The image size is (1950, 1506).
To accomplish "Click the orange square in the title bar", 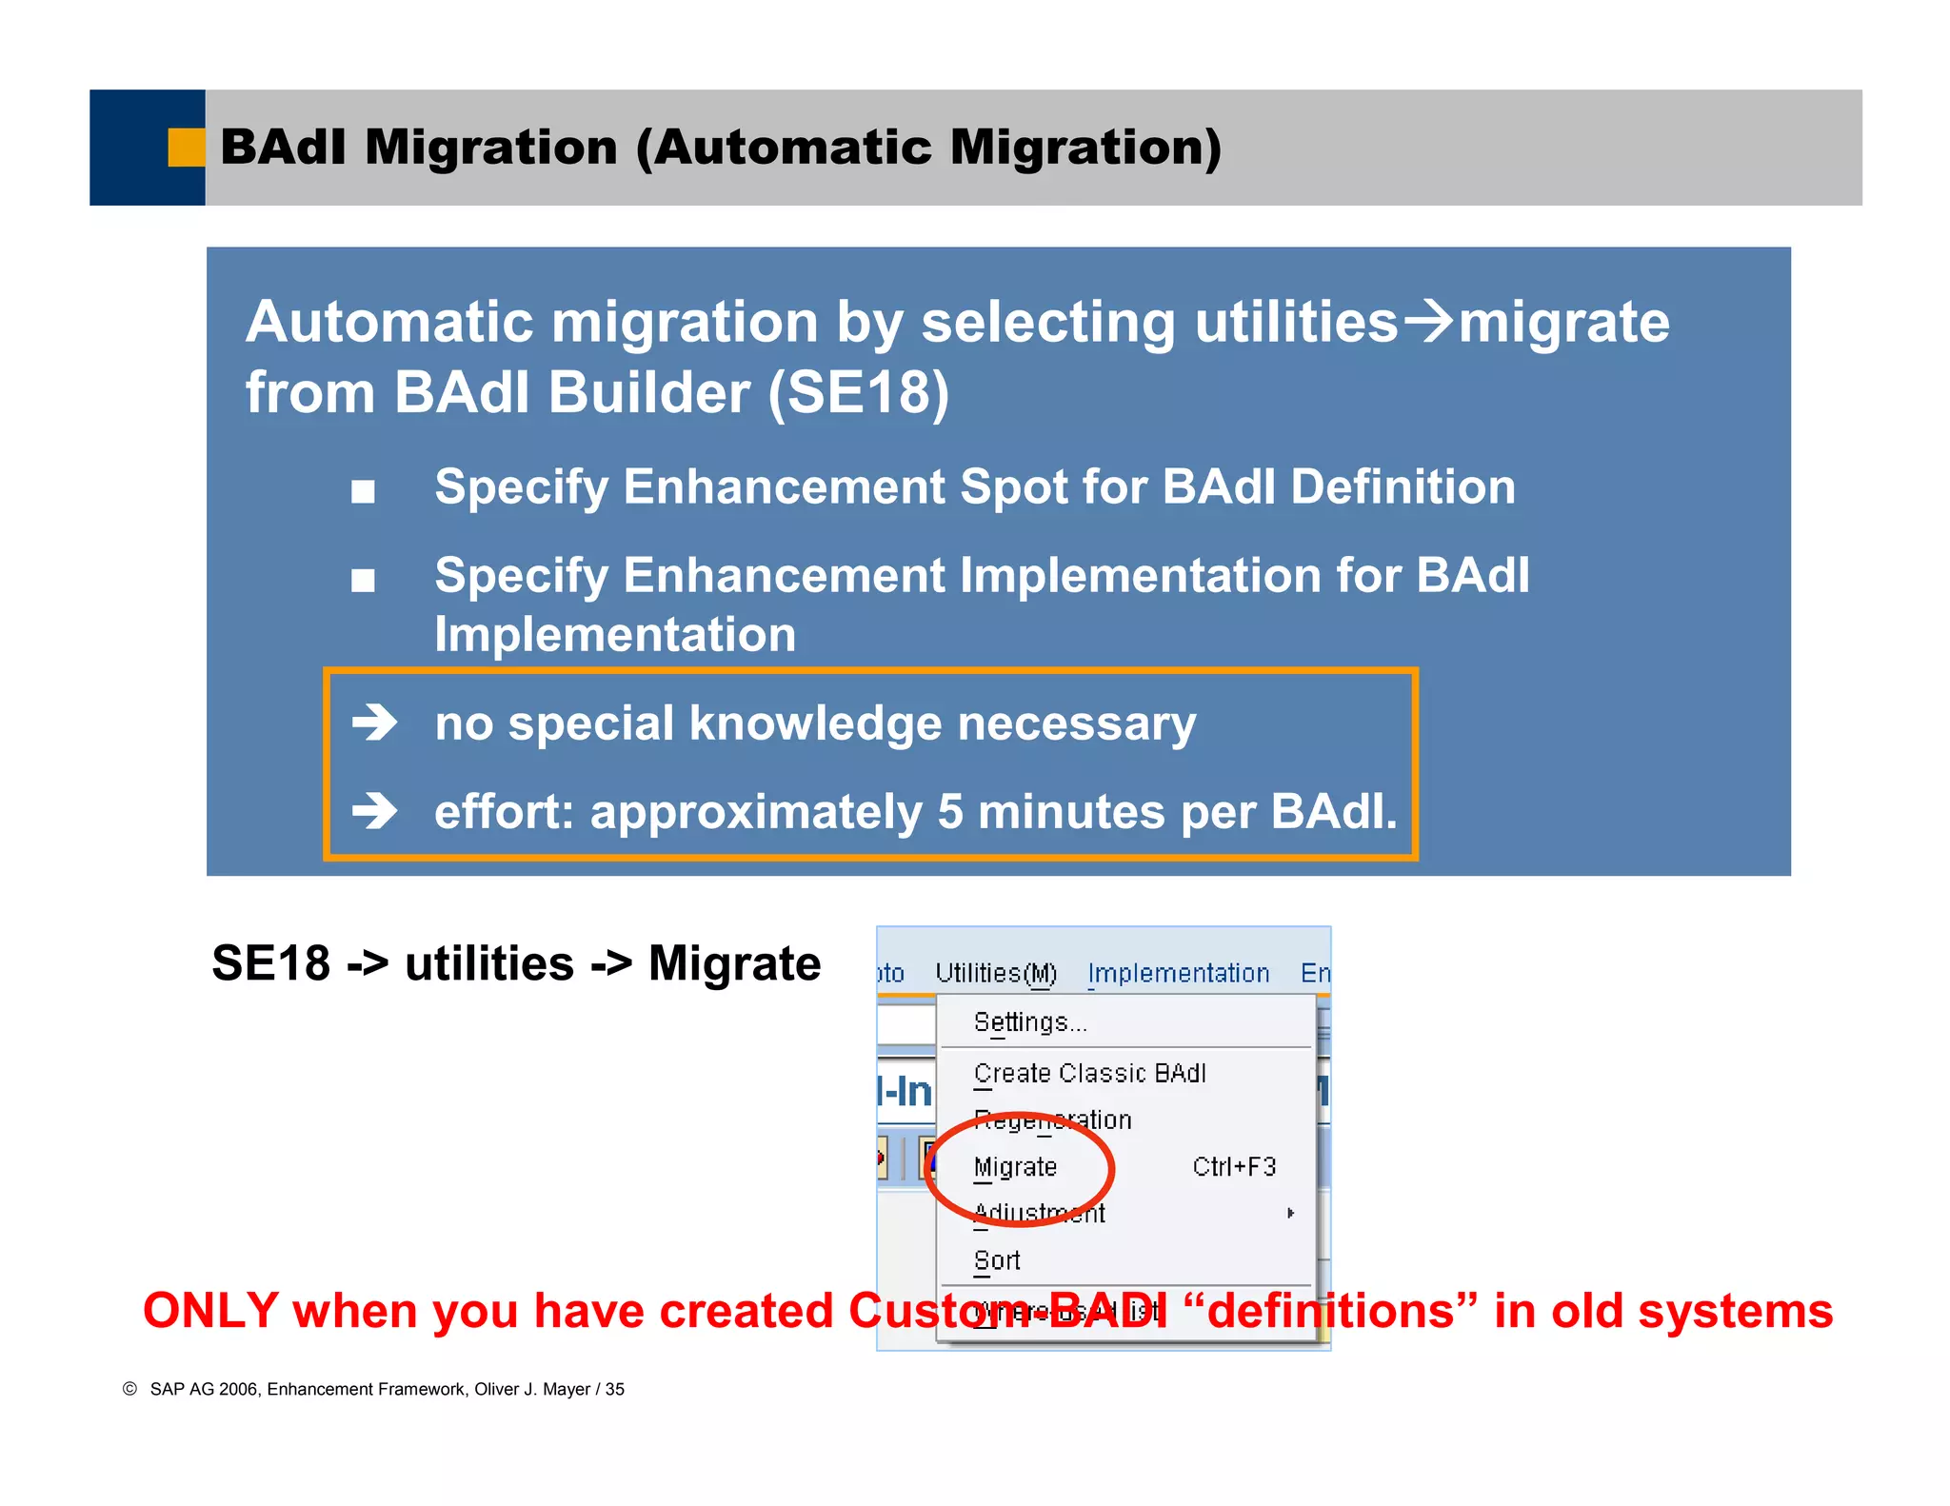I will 186,148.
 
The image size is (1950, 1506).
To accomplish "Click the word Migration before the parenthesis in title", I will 491,148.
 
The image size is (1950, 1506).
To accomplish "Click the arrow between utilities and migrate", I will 1429,321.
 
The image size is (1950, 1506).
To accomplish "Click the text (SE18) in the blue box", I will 859,392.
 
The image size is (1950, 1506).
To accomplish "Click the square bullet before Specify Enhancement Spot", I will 363,491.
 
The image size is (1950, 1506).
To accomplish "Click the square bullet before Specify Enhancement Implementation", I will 363,580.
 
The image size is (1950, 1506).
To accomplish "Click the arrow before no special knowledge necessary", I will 374,723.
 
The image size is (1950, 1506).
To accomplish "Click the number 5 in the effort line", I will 950,812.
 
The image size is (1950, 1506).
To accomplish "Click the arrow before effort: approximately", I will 374,812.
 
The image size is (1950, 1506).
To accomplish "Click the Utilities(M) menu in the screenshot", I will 996,973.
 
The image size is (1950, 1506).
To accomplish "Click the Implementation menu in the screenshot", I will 1179,973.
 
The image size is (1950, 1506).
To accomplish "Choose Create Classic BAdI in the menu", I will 1089,1073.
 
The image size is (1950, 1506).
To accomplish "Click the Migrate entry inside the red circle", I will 1015,1167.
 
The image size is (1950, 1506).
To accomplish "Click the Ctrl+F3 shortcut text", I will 1234,1167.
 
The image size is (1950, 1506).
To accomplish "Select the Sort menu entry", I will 997,1260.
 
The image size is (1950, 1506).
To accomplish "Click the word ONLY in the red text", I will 210,1311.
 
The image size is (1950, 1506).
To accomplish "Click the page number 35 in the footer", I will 615,1389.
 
